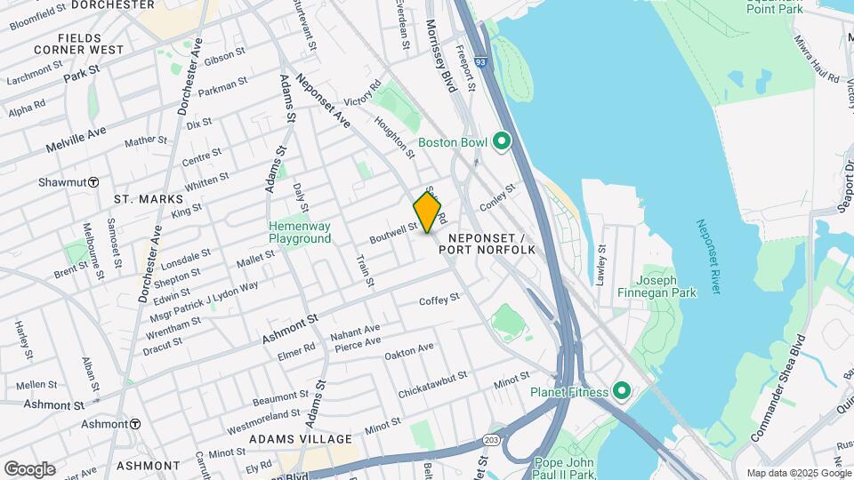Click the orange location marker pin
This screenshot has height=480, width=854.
428,212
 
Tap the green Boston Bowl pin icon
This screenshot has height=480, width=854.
501,141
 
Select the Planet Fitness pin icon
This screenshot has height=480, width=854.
621,392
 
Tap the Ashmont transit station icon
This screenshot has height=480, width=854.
135,424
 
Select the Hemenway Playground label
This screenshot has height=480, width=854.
300,232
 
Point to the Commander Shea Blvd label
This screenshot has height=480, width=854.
773,388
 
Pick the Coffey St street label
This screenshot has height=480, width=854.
439,300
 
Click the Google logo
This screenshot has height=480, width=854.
29,468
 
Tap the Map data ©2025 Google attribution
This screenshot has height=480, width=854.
798,473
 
